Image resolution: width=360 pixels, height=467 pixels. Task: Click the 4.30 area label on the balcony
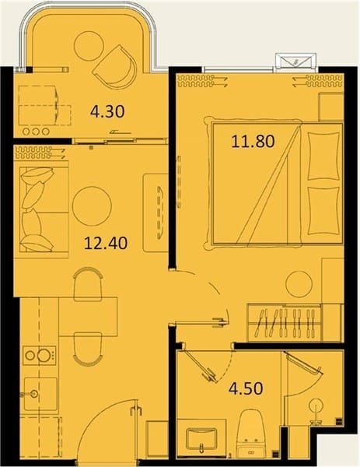click(107, 111)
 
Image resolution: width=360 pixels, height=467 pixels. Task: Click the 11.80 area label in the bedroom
click(253, 142)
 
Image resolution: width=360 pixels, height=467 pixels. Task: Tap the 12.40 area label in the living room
click(106, 243)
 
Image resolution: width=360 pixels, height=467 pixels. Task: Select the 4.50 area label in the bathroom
click(246, 388)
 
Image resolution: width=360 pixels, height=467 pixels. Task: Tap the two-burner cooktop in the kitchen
click(40, 356)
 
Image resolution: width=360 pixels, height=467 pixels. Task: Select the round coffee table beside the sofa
click(92, 206)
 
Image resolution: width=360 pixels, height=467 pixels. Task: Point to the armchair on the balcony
click(115, 67)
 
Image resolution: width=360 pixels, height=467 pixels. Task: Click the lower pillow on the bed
click(323, 211)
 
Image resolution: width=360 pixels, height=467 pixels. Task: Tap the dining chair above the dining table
click(88, 284)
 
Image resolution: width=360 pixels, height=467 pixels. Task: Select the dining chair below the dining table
click(88, 349)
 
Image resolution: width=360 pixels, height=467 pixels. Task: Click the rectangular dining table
click(88, 317)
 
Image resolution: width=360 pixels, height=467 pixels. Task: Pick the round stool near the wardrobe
click(299, 284)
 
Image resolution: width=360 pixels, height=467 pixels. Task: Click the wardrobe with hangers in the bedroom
click(285, 323)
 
